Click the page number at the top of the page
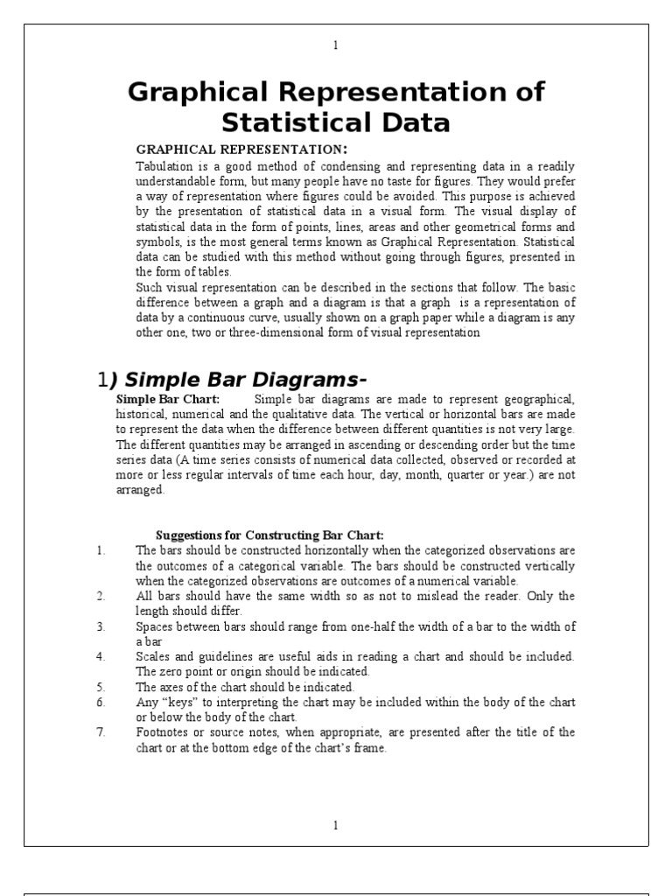(336, 45)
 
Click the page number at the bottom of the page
(336, 824)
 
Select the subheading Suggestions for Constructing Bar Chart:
(269, 535)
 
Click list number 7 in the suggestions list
(101, 731)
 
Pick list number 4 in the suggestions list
(101, 655)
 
